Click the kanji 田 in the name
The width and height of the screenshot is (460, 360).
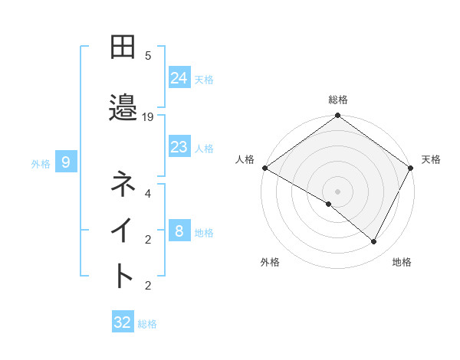click(x=123, y=47)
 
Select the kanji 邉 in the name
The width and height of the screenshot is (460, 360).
click(x=123, y=108)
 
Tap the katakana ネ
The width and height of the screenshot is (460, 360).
click(x=123, y=185)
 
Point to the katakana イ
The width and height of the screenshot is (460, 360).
click(x=123, y=231)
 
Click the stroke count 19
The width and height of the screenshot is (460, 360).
click(x=148, y=117)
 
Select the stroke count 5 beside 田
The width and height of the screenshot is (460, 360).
click(x=148, y=56)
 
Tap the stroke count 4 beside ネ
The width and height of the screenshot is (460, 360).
click(x=148, y=194)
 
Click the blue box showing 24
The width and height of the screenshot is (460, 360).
click(x=179, y=77)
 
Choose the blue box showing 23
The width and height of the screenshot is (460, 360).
click(x=179, y=147)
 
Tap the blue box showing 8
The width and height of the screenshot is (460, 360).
click(x=179, y=231)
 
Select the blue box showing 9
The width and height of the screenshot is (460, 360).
click(x=66, y=162)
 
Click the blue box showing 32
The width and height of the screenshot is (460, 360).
click(x=123, y=322)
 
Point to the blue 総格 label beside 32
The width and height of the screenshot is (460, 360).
click(x=148, y=324)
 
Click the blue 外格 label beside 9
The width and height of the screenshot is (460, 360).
click(x=41, y=163)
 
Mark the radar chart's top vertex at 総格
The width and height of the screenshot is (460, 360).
click(x=338, y=116)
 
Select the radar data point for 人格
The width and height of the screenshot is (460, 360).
click(x=265, y=168)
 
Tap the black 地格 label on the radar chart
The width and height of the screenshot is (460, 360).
click(x=402, y=263)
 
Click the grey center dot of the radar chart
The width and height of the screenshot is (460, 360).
click(x=338, y=191)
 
